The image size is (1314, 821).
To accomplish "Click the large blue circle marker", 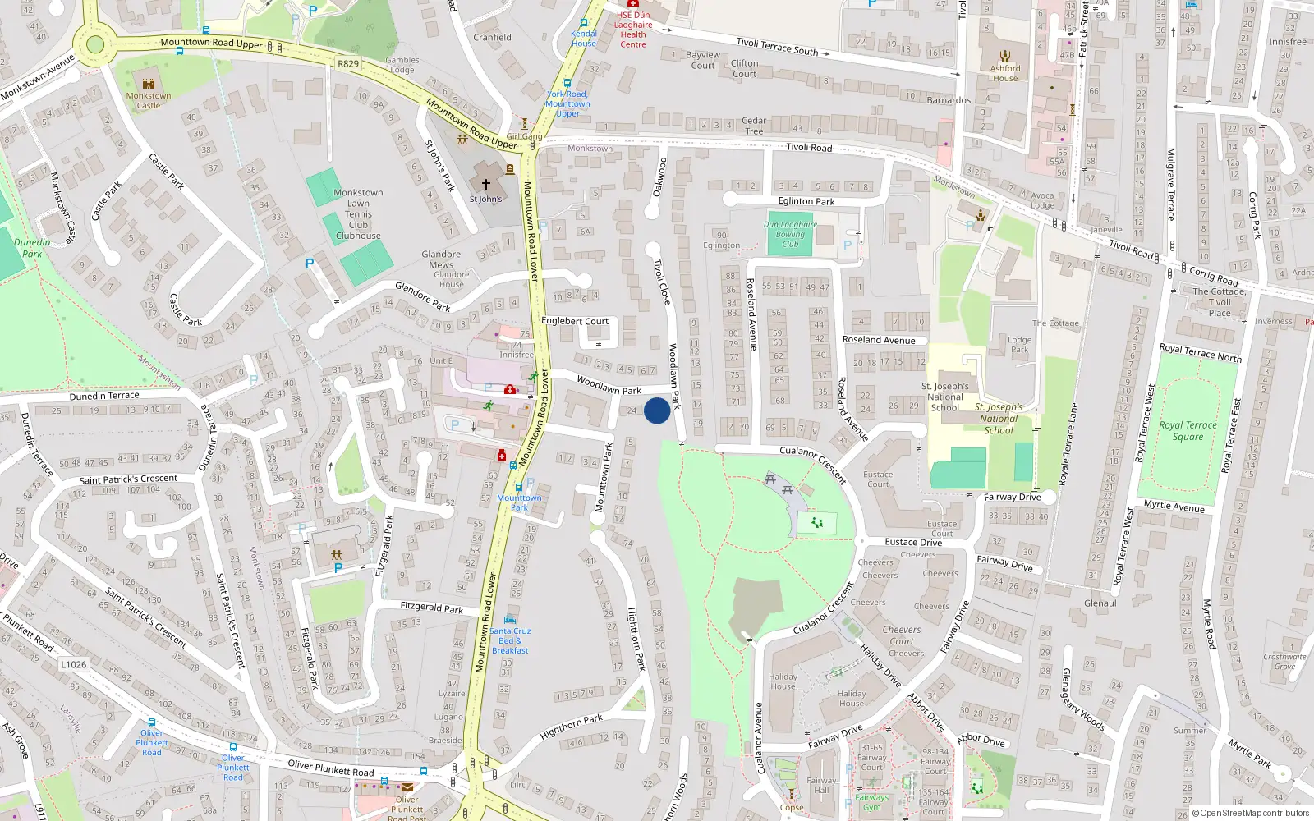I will click(657, 410).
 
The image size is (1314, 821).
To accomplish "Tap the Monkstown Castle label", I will click(149, 100).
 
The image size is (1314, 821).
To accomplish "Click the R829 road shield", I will click(348, 63).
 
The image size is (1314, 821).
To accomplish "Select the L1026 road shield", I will click(73, 664).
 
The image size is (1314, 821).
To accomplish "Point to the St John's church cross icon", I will click(485, 185).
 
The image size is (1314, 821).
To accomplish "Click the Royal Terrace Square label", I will click(1188, 431).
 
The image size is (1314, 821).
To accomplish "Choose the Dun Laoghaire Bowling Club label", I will click(790, 234).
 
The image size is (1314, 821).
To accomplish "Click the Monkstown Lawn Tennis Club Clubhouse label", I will click(358, 214).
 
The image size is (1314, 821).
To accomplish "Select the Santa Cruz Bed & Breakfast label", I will click(510, 640).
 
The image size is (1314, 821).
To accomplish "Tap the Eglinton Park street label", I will click(806, 201).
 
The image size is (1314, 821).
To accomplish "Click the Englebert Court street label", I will click(575, 321).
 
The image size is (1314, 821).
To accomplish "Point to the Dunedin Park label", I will click(32, 248).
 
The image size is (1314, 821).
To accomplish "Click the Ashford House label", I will click(1004, 73).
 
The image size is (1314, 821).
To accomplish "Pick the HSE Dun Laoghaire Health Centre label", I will click(633, 30).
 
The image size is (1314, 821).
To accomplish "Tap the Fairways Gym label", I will click(871, 802).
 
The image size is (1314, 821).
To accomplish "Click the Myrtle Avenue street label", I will click(1174, 507).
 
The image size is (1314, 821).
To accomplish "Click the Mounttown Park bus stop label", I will click(519, 502).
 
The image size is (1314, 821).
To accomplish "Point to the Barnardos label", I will click(949, 100).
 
